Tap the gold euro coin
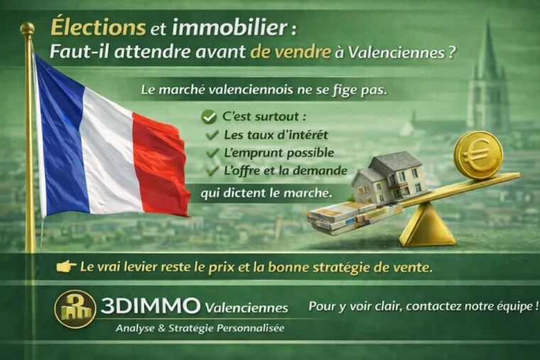tap(477, 154)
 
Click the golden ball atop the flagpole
tap(28, 28)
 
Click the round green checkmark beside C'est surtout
tap(208, 116)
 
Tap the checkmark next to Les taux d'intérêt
tap(212, 135)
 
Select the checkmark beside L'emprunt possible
tap(212, 153)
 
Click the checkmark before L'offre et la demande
tap(212, 170)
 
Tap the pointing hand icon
tap(66, 266)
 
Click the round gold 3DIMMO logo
tap(75, 309)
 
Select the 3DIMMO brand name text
tap(151, 306)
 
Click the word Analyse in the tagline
tap(138, 329)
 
